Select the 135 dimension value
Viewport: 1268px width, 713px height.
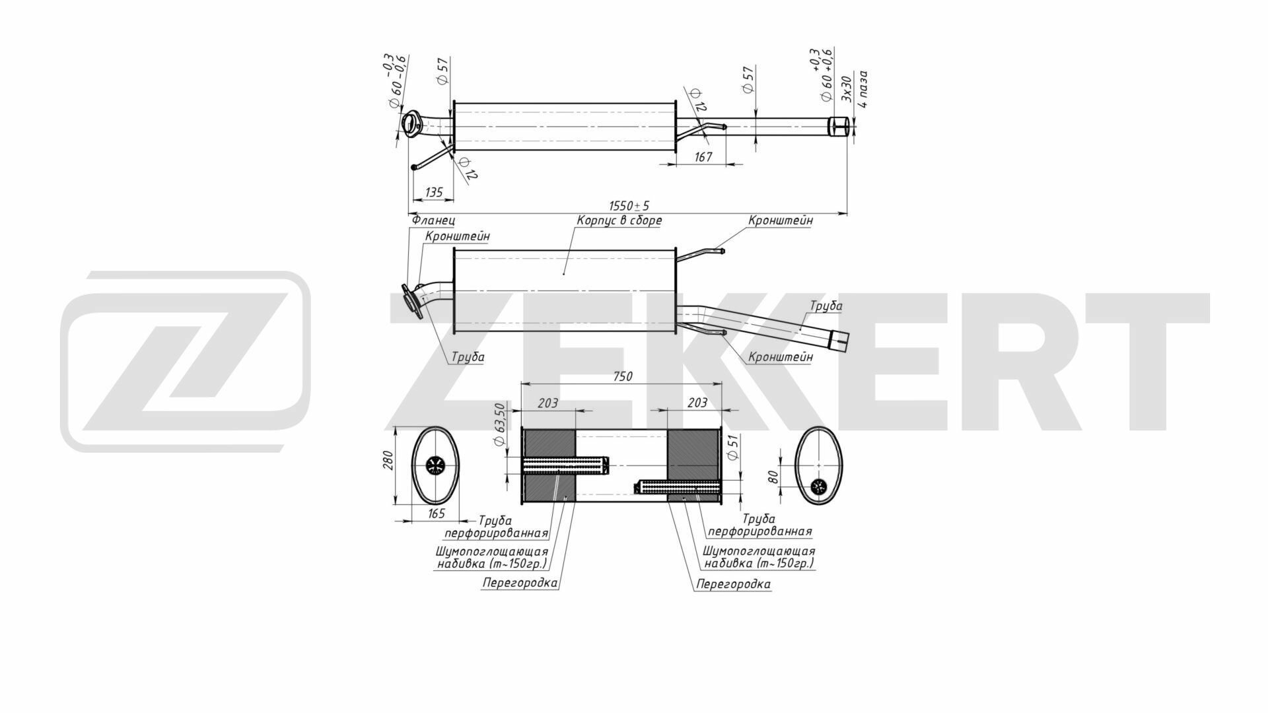coord(434,192)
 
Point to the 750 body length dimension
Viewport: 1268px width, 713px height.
coord(622,376)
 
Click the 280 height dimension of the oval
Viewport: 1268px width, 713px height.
coord(388,460)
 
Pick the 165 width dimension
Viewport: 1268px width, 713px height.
coord(437,513)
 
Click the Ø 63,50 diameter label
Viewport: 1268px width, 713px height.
coord(500,425)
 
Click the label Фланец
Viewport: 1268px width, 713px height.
coord(433,220)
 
